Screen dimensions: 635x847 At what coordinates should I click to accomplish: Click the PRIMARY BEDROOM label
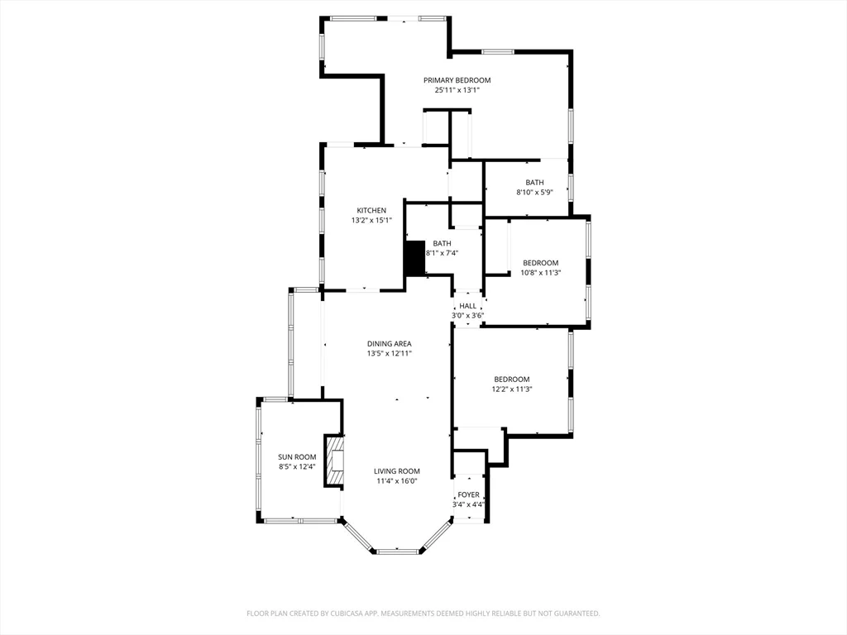click(457, 80)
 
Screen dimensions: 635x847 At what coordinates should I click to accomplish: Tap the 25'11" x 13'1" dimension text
click(457, 90)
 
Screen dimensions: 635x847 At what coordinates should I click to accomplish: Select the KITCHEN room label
click(371, 211)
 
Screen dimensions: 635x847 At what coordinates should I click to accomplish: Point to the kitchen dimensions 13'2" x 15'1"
click(371, 221)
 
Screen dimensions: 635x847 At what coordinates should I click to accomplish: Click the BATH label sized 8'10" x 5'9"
click(534, 183)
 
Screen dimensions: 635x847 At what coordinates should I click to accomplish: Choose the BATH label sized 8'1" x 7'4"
click(442, 243)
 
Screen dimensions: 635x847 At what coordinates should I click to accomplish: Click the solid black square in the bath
click(414, 259)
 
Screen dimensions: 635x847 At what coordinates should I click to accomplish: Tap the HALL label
click(467, 306)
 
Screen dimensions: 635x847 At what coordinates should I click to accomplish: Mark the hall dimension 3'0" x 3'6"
click(467, 316)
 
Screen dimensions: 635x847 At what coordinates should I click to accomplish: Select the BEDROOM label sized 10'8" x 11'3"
click(540, 263)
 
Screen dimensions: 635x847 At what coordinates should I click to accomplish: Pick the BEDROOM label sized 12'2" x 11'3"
click(511, 380)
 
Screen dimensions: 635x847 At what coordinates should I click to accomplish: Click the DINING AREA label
click(390, 344)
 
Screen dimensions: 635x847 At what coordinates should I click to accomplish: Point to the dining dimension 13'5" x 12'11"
click(390, 354)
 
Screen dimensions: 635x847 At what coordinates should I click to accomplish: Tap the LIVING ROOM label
click(397, 471)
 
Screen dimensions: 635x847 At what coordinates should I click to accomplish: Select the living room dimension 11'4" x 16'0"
click(397, 481)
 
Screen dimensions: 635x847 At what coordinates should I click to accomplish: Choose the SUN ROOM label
click(297, 457)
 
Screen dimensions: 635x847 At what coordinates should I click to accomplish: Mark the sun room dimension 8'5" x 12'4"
click(297, 467)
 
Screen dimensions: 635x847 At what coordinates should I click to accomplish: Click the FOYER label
click(468, 494)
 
